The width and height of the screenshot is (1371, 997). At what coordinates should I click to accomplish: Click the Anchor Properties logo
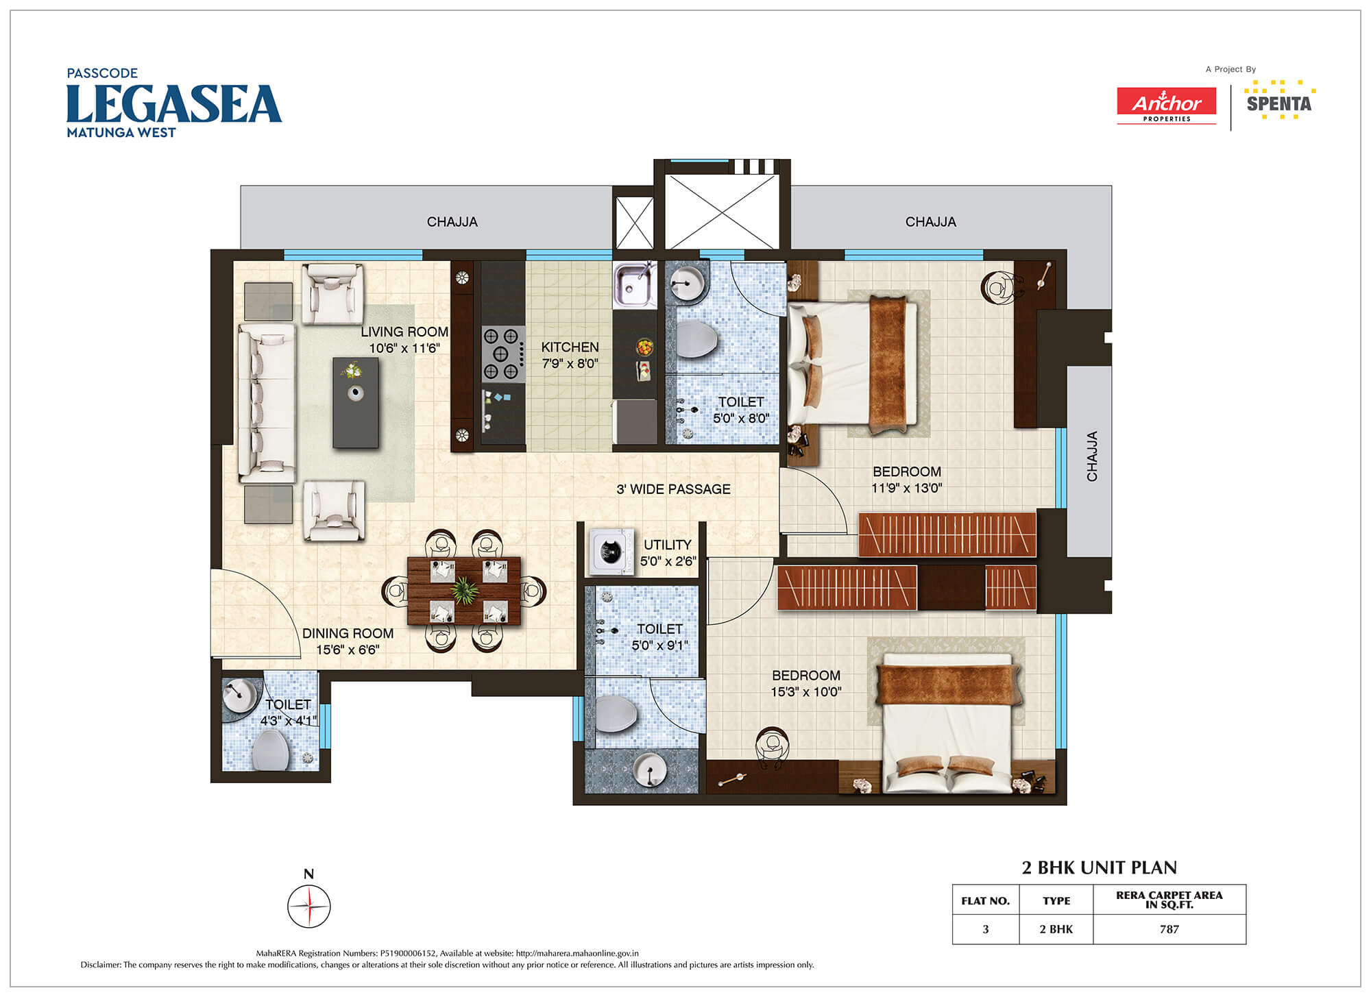(x=1167, y=106)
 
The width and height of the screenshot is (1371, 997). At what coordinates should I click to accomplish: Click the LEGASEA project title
(x=174, y=104)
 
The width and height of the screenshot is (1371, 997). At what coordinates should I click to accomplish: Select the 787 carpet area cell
(x=1169, y=929)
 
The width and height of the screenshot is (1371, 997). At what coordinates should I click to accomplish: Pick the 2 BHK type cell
(x=1056, y=929)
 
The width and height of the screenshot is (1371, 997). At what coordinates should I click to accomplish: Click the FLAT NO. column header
(x=986, y=900)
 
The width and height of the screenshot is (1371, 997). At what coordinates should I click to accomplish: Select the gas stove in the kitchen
(x=502, y=354)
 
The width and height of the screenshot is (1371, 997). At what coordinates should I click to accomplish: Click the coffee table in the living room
(x=356, y=403)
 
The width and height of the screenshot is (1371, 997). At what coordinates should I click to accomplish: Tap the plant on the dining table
(x=465, y=591)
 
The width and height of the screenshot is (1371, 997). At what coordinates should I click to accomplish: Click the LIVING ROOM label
(x=404, y=332)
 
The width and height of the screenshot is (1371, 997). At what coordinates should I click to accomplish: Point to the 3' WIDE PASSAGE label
(x=673, y=489)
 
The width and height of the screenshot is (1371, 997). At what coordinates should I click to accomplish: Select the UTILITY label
(x=667, y=545)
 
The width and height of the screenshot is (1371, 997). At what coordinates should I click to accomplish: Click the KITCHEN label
(x=570, y=347)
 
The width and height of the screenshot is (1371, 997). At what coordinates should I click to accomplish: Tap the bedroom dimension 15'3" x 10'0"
(x=806, y=692)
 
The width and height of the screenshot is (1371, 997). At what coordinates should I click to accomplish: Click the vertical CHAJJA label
(x=1092, y=456)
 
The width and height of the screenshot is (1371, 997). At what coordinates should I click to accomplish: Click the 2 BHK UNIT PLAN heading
(x=1099, y=867)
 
